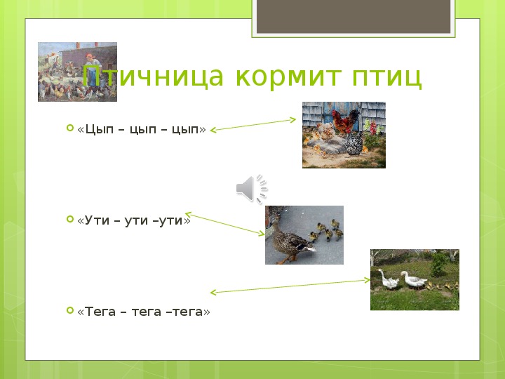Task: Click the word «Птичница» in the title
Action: [x=153, y=77]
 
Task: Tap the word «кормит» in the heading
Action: [x=288, y=77]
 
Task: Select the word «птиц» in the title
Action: [x=386, y=78]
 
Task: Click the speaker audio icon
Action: [x=252, y=189]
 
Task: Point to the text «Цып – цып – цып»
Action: [x=142, y=129]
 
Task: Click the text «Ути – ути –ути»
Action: [x=134, y=220]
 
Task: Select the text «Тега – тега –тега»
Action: [x=144, y=312]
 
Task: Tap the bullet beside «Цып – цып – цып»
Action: [x=70, y=128]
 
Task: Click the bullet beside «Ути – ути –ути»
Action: [x=70, y=219]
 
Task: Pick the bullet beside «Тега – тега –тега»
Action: [x=70, y=310]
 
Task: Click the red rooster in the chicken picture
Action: [x=346, y=121]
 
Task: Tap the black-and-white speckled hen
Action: [x=353, y=144]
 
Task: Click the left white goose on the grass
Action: [x=388, y=279]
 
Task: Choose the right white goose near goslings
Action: [x=414, y=280]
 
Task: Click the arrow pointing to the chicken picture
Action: [x=252, y=125]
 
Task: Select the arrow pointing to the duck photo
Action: [x=225, y=224]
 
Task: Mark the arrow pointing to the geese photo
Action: [x=290, y=286]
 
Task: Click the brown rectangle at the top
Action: [x=353, y=16]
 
